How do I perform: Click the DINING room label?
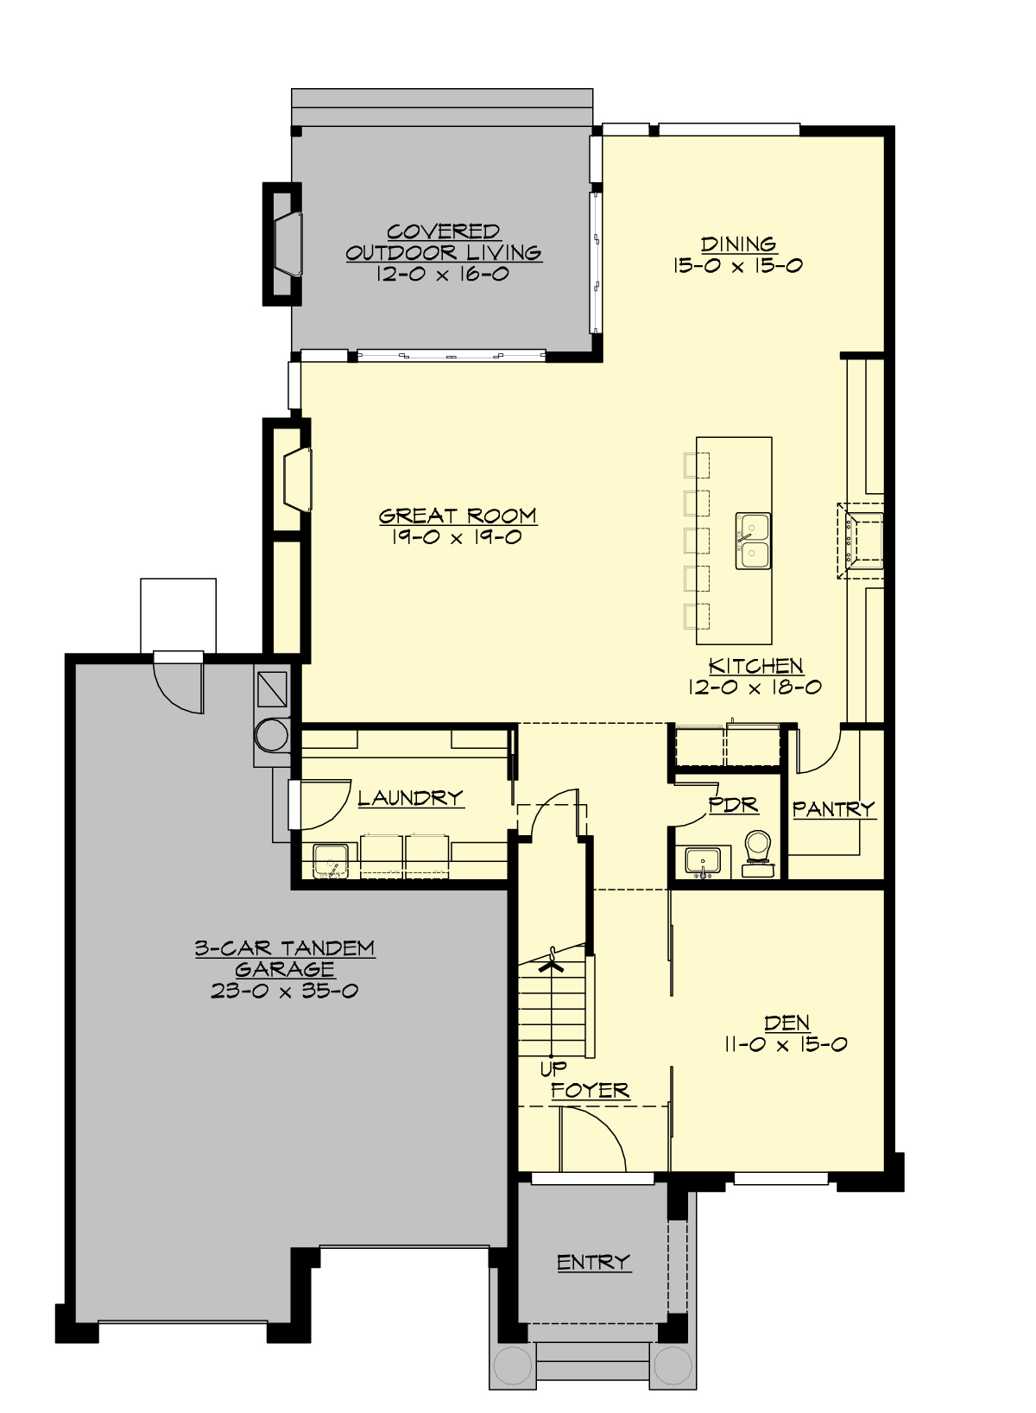pos(738,244)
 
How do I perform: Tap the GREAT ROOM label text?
pos(458,516)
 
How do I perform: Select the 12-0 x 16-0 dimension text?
pos(442,274)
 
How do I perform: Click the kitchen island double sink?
pos(753,542)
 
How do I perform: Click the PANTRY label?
pos(833,809)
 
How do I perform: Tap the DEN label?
pos(786,1023)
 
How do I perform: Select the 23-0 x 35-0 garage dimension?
pos(284,991)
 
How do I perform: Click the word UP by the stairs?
pos(553,1068)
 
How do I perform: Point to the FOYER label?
pos(591,1090)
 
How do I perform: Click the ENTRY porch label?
pos(593,1262)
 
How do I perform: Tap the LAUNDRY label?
pos(411,798)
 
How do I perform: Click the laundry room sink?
pos(330,861)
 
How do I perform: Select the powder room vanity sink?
pos(703,861)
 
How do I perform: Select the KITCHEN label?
pos(755,666)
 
